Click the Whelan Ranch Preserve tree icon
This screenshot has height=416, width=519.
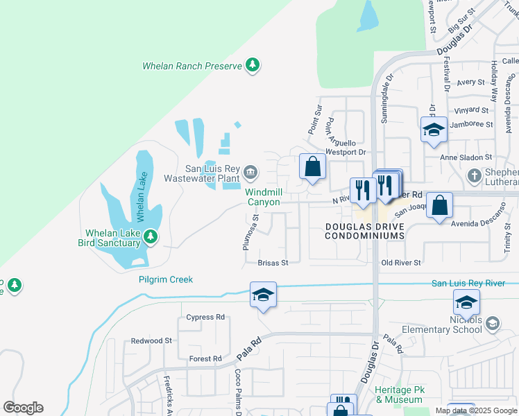pos(253,66)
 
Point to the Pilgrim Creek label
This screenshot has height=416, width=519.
pos(164,279)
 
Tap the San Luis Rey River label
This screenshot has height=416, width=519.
pos(475,283)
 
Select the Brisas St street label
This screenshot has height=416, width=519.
pos(273,263)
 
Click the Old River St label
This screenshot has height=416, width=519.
pos(401,263)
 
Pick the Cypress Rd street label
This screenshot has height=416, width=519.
pos(206,317)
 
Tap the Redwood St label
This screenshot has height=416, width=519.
pos(151,341)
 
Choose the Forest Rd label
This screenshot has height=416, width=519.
pos(205,358)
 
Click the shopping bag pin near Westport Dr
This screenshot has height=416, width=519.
pos(313,166)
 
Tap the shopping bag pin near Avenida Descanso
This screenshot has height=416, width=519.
pos(439,205)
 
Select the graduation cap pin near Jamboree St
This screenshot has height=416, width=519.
pos(434,130)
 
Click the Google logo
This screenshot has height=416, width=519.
pos(23,408)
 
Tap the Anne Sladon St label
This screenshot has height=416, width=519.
pos(466,157)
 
